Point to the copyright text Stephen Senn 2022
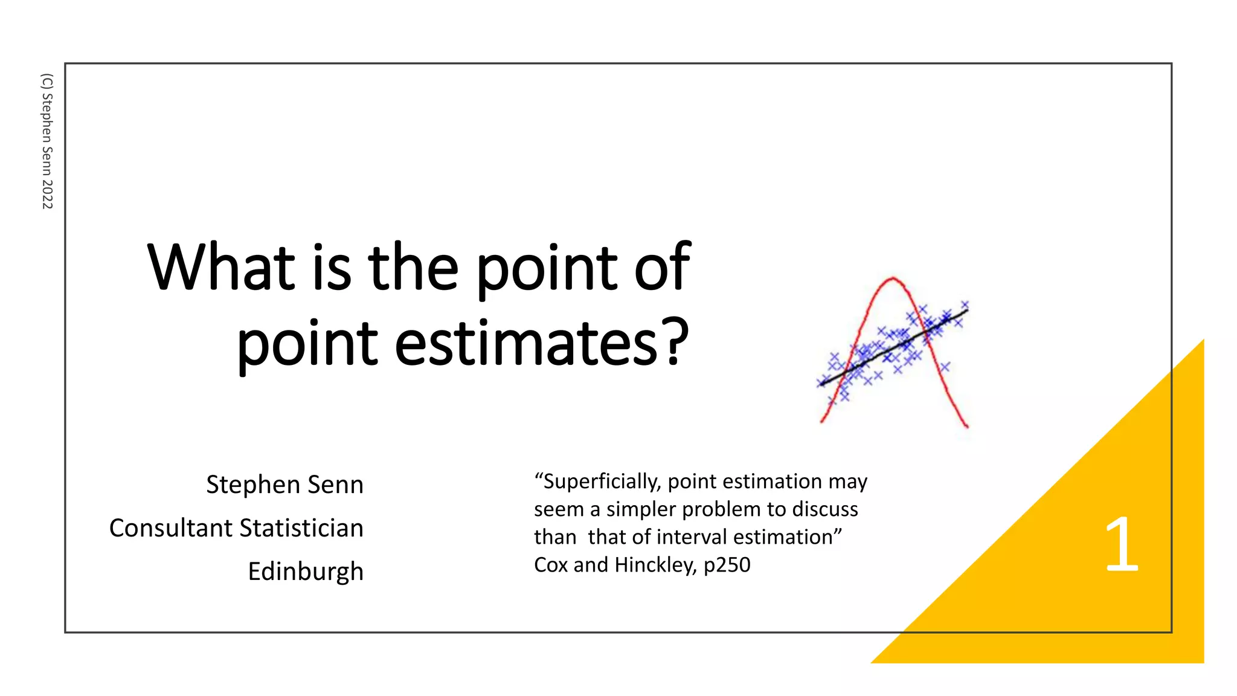pos(47,141)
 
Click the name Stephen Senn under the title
pos(284,485)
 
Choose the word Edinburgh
pos(306,572)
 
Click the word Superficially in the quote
pos(602,482)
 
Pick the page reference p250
pos(727,565)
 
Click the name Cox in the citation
pos(551,565)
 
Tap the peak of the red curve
pos(893,278)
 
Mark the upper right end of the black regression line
pos(967,311)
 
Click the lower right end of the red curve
pos(967,427)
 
